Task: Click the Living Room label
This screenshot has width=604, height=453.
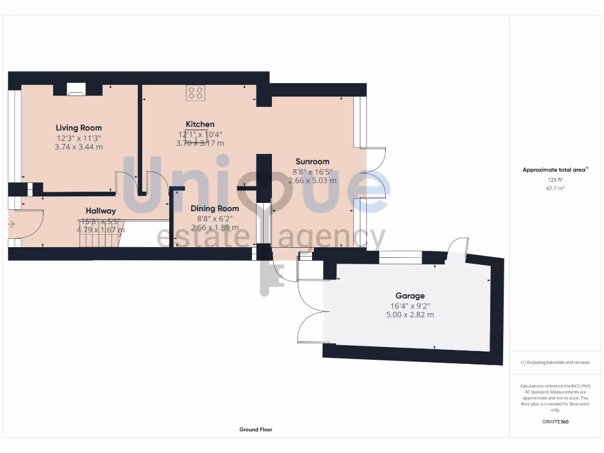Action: click(x=78, y=127)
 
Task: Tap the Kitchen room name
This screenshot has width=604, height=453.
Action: click(x=200, y=124)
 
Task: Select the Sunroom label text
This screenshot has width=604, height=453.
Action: click(x=312, y=161)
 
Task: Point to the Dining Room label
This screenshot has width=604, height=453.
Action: click(x=215, y=208)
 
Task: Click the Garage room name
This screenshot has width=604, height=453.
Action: click(x=410, y=296)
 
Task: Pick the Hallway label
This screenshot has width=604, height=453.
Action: click(x=100, y=211)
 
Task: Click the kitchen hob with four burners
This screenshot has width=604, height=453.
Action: click(x=195, y=93)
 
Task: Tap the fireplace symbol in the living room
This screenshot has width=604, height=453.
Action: click(x=76, y=90)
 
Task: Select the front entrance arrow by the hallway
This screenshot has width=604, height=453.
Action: click(x=11, y=224)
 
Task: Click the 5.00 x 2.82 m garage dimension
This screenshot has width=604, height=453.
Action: click(x=410, y=315)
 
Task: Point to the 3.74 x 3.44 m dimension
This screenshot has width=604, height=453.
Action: click(x=78, y=147)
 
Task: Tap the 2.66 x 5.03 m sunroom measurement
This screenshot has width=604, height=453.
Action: click(x=312, y=180)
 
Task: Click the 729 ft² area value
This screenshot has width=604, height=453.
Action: click(x=554, y=179)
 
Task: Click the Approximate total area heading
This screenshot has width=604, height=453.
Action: click(x=554, y=170)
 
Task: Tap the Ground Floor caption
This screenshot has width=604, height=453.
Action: click(x=256, y=429)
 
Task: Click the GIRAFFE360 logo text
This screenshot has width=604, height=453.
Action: click(x=555, y=422)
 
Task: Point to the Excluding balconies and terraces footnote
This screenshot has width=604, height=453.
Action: click(x=555, y=362)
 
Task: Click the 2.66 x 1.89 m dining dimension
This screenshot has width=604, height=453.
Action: click(x=215, y=228)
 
